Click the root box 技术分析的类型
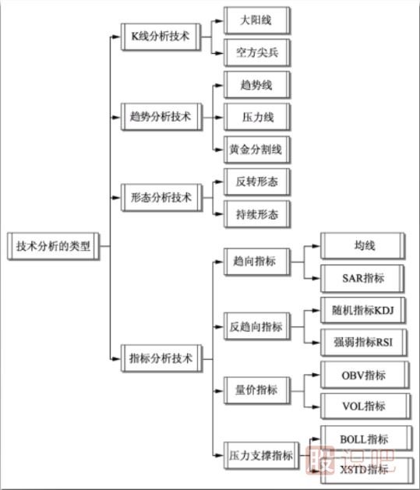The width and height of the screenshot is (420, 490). coord(53,247)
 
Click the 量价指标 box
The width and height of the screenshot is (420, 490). coord(254,390)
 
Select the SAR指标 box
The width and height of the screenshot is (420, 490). coord(363,278)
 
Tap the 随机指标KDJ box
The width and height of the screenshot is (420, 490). coord(363,310)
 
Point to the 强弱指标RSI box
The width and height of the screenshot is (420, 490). coord(363,342)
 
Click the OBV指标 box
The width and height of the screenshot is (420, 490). coord(363,375)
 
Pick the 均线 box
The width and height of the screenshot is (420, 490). coord(363,246)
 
